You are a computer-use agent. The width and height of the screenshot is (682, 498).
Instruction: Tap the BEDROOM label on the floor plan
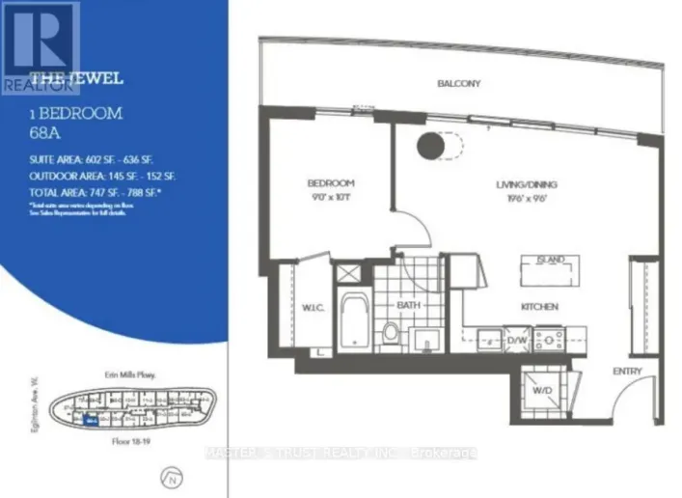[331, 183]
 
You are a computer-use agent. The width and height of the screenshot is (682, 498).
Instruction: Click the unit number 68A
[44, 130]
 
